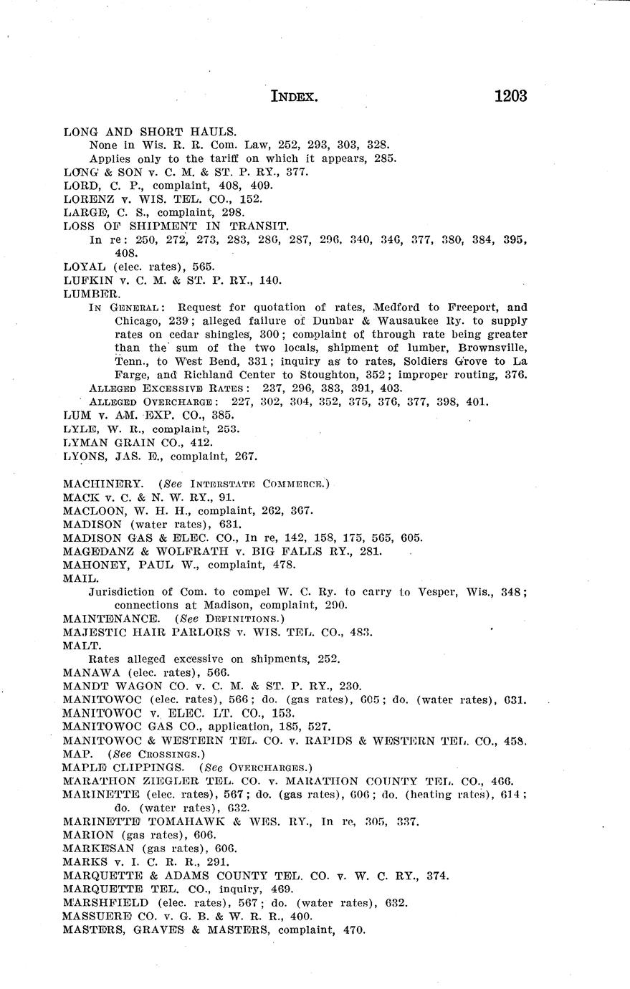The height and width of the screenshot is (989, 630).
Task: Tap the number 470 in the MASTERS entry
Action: click(x=353, y=930)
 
